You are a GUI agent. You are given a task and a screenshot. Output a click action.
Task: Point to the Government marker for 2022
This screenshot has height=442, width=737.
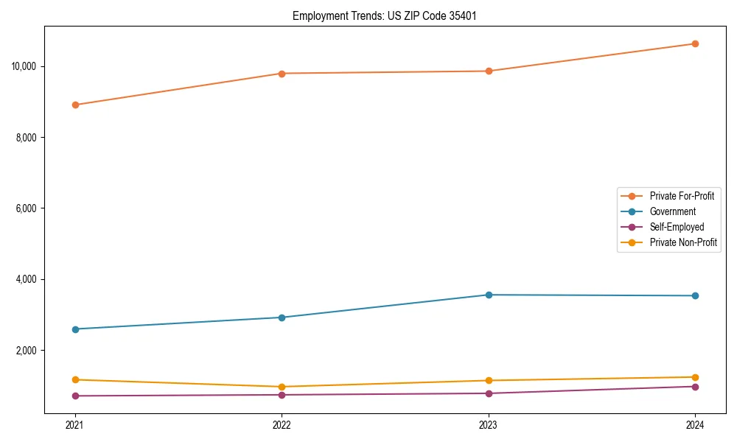click(282, 318)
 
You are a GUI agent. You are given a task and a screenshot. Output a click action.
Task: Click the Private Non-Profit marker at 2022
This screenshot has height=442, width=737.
click(282, 387)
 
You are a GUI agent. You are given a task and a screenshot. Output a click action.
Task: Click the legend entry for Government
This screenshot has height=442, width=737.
click(672, 211)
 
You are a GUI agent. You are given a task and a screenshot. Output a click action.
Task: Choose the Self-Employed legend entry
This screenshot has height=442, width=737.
click(677, 227)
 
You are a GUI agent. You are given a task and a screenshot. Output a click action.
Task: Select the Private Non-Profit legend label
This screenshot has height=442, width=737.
click(683, 242)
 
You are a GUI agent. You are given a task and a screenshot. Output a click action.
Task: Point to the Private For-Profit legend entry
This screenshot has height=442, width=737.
click(682, 196)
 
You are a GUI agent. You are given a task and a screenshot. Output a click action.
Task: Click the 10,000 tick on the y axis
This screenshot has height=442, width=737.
click(24, 66)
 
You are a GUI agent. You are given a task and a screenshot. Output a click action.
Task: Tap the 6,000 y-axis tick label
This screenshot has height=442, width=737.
click(26, 208)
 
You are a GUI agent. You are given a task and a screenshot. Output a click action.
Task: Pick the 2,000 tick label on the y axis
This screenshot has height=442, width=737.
click(26, 351)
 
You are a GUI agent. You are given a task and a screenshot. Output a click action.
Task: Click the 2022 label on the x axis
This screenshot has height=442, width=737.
click(282, 424)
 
